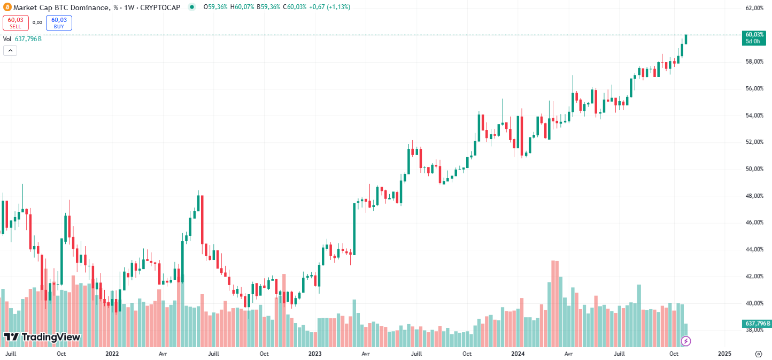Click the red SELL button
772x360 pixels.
(x=15, y=22)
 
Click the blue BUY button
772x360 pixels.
(x=59, y=22)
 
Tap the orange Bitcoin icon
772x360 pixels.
(x=7, y=7)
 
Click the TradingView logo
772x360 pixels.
(x=42, y=337)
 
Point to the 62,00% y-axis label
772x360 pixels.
(x=754, y=9)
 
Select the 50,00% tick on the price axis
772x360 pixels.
(x=754, y=169)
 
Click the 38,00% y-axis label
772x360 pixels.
(x=754, y=330)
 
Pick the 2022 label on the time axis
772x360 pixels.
(x=112, y=354)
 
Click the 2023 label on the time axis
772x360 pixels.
(x=315, y=354)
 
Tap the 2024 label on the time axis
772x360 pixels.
(x=518, y=354)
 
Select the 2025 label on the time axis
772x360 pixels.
(x=724, y=354)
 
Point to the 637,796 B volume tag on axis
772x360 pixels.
(x=756, y=324)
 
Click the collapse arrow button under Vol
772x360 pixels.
(x=10, y=50)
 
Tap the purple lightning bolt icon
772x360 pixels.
(x=686, y=341)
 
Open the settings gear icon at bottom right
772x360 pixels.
(x=758, y=354)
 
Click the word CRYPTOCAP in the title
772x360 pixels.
(x=161, y=7)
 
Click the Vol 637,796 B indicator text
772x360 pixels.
(x=22, y=39)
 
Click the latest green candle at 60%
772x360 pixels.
(x=686, y=39)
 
